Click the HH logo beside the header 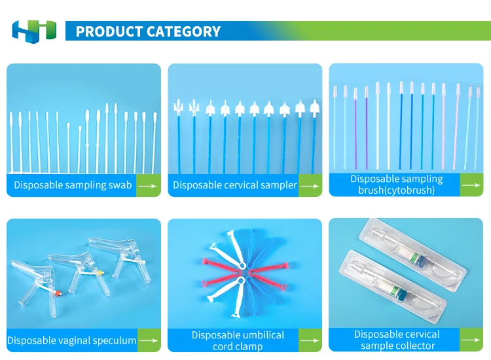34,31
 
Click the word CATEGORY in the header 183,31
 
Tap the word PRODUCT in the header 109,31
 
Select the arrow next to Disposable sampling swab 147,186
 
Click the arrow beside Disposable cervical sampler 310,186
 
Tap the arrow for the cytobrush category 471,185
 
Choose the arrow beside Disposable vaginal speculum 149,340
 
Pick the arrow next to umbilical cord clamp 310,340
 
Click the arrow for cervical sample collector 471,340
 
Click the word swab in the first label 120,185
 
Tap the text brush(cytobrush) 397,190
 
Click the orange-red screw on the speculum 58,293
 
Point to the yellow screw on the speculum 101,273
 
